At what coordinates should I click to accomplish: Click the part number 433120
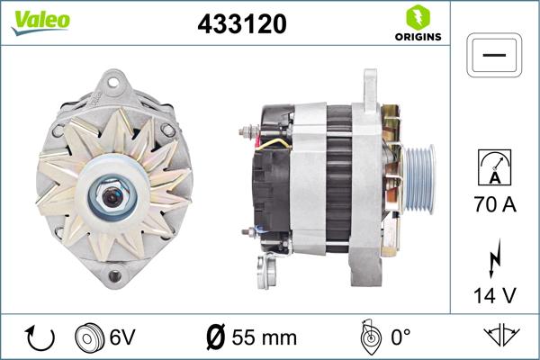coord(241,24)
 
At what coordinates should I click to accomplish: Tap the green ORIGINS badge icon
coord(417,17)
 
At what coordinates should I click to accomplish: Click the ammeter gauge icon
coord(495,169)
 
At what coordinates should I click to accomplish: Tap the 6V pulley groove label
coord(124,337)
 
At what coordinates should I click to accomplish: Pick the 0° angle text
coord(399,337)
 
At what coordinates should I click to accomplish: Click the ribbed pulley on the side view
coord(417,173)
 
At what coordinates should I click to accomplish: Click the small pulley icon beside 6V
coord(92,337)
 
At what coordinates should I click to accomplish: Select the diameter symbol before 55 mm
coord(216,337)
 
